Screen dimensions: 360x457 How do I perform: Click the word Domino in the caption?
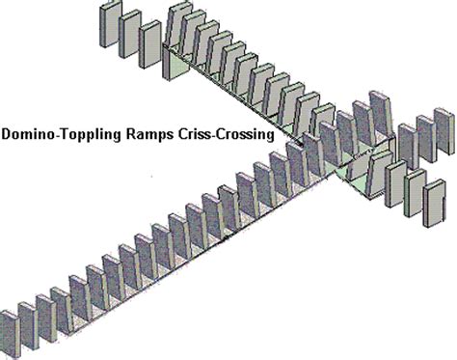28,136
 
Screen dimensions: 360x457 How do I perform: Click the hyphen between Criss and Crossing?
212,137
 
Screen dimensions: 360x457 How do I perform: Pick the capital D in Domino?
7,136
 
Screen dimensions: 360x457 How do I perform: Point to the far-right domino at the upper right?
444,137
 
